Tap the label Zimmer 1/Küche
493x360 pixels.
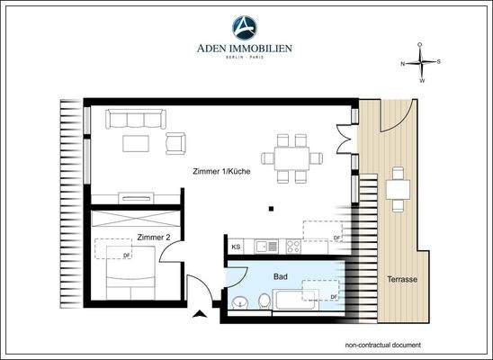(x=221, y=171)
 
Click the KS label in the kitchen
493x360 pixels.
(x=237, y=246)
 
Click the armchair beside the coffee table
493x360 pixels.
(x=176, y=142)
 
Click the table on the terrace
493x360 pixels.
(x=397, y=189)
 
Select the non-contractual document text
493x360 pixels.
(x=382, y=346)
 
